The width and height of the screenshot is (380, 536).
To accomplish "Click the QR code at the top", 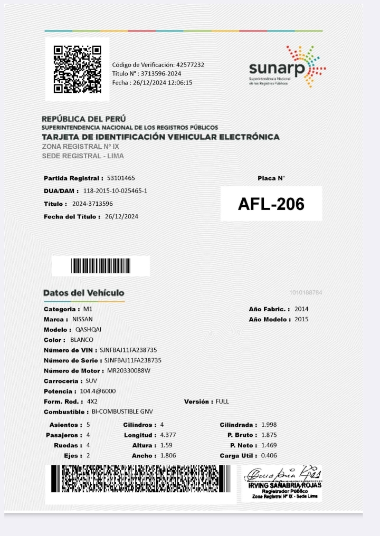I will tap(77, 69).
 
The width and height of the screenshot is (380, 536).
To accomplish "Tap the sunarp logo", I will tap(287, 68).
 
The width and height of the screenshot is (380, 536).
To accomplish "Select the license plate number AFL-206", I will tap(271, 204).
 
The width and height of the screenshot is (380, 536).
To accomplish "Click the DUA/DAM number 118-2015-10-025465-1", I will tap(115, 190).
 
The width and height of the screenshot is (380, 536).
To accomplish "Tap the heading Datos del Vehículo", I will tap(84, 293).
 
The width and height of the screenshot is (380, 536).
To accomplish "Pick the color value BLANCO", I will tap(82, 340).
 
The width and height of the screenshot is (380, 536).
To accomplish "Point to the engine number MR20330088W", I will tap(129, 371).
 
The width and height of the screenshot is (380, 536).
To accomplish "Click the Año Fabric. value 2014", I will tap(302, 309).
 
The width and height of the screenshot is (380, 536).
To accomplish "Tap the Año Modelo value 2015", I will tap(302, 319).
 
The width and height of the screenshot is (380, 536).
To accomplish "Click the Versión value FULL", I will tap(222, 401).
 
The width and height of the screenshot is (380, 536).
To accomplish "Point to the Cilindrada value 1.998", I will tap(269, 425).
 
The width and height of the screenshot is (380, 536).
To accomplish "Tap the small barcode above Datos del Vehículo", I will tap(101, 266).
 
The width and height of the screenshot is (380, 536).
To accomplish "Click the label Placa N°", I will tap(271, 178).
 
